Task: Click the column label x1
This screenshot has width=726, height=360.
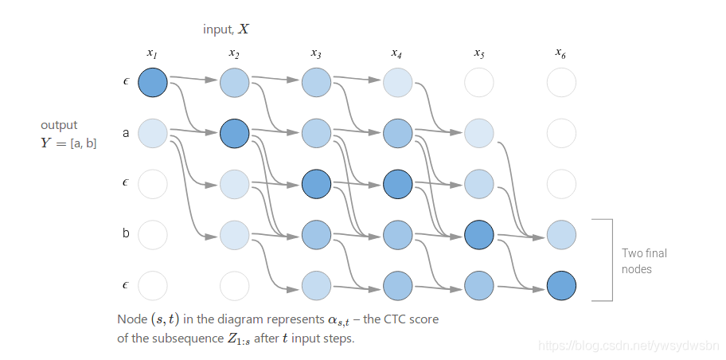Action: pyautogui.click(x=152, y=53)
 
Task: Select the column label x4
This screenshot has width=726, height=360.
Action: pyautogui.click(x=396, y=53)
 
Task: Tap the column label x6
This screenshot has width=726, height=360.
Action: pyautogui.click(x=560, y=53)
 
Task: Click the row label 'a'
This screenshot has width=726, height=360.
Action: pyautogui.click(x=126, y=133)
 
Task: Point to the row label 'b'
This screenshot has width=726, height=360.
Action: pyautogui.click(x=126, y=235)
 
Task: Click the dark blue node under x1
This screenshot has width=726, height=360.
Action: pyautogui.click(x=153, y=83)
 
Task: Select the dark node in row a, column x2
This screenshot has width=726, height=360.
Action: pyautogui.click(x=234, y=133)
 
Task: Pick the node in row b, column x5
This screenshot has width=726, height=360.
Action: pyautogui.click(x=478, y=235)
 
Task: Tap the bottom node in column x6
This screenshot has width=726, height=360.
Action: pyautogui.click(x=560, y=285)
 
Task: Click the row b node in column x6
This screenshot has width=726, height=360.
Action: pyautogui.click(x=560, y=235)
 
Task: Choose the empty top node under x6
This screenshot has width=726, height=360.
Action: pyautogui.click(x=560, y=83)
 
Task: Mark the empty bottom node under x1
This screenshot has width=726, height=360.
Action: pyautogui.click(x=153, y=285)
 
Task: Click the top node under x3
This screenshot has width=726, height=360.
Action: pyautogui.click(x=316, y=83)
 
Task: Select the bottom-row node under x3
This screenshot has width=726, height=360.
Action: pyautogui.click(x=316, y=285)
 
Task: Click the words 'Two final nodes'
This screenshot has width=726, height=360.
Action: pyautogui.click(x=644, y=261)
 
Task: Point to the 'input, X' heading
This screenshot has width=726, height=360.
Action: pyautogui.click(x=227, y=29)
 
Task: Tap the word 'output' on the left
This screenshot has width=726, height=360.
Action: pyautogui.click(x=59, y=125)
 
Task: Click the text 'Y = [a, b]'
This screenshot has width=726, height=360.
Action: pyautogui.click(x=68, y=143)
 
